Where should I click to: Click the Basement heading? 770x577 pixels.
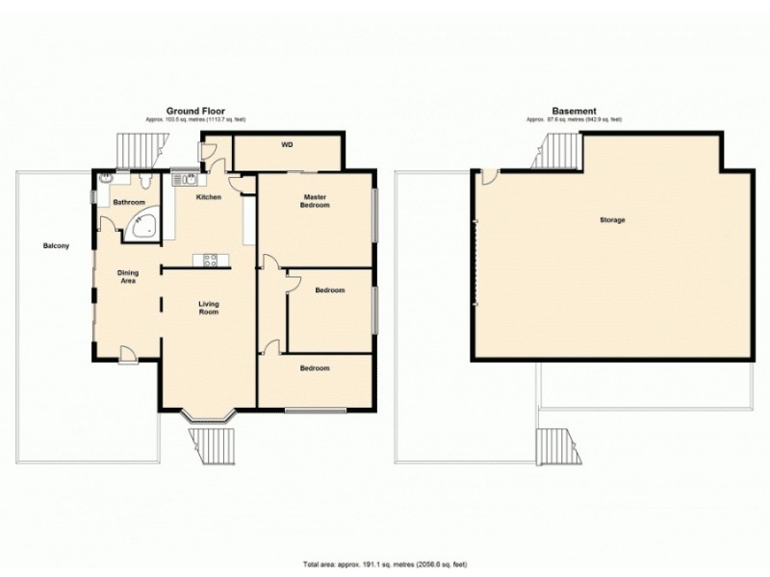(574, 112)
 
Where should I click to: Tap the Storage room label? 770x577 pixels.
(612, 220)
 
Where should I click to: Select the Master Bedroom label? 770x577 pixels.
(315, 201)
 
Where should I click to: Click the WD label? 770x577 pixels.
(287, 146)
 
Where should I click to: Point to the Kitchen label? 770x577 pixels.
(209, 197)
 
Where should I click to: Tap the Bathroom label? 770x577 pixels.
(129, 203)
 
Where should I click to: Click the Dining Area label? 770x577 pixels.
(128, 278)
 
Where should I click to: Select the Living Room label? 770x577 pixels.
(209, 309)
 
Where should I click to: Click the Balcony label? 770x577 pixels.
(56, 246)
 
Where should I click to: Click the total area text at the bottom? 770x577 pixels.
(385, 564)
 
